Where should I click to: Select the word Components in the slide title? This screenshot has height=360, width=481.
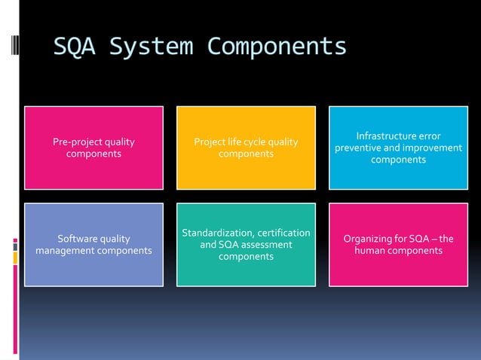[x=277, y=47]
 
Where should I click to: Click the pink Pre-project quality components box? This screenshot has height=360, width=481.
[x=93, y=148]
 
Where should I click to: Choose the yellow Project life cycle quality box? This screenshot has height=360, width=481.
[x=246, y=148]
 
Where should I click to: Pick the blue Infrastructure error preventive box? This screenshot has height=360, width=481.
[x=398, y=148]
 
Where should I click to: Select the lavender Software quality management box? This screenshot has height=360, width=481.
[x=93, y=245]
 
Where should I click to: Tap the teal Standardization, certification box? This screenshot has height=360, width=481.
[x=246, y=245]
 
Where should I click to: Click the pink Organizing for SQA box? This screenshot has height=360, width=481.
[x=398, y=245]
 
